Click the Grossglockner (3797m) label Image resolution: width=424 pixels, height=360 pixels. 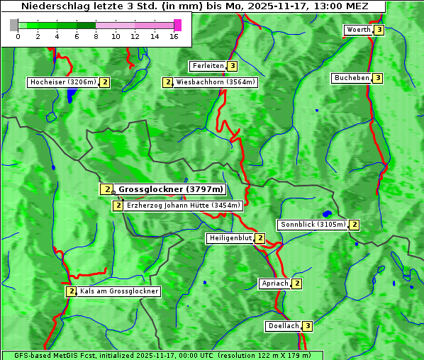click(170, 189)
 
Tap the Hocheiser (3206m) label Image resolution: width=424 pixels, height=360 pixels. click(62, 82)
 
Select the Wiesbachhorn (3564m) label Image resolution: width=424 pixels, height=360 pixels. click(216, 82)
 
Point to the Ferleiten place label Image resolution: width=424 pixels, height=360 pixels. click(208, 66)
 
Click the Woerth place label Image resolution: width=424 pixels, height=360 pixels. click(358, 30)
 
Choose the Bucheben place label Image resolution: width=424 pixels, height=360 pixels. click(352, 78)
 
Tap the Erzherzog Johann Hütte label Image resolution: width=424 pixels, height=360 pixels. click(184, 206)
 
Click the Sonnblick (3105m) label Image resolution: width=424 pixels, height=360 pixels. click(313, 225)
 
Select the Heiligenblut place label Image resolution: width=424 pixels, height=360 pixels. click(230, 238)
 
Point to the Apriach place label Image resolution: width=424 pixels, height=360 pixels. click(275, 283)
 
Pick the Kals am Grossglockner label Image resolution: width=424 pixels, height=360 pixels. click(118, 291)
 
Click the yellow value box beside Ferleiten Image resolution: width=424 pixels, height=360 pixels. click(233, 66)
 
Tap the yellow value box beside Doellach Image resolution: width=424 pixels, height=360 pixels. click(307, 326)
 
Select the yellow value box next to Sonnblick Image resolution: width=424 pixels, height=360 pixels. click(354, 225)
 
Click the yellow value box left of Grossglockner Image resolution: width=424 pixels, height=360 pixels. click(106, 189)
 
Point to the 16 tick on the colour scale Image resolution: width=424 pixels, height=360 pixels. click(174, 35)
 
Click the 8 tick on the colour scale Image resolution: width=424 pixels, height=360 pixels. click(96, 35)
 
